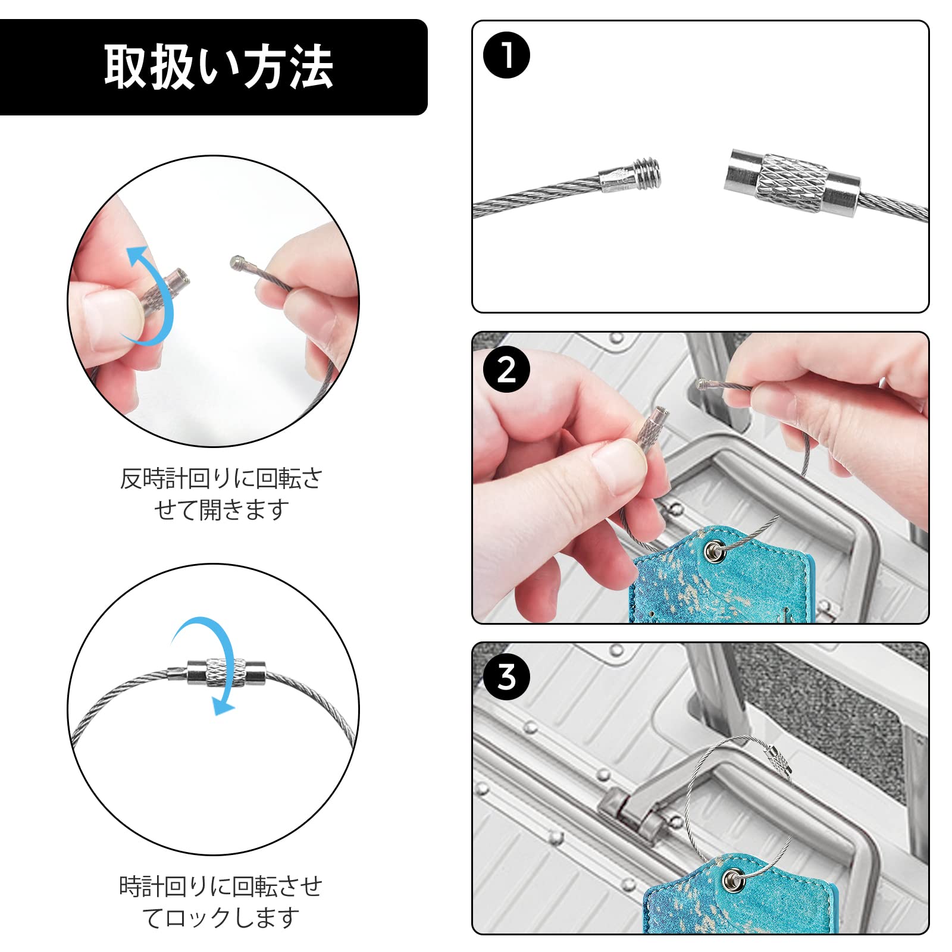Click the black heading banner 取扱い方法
pyautogui.click(x=213, y=67)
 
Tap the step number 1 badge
pyautogui.click(x=506, y=55)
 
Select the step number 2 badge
pyautogui.click(x=506, y=370)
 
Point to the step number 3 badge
pyautogui.click(x=506, y=677)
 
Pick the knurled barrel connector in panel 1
pyautogui.click(x=791, y=182)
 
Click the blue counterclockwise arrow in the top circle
pyautogui.click(x=150, y=295)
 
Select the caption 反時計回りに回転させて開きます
pyautogui.click(x=221, y=494)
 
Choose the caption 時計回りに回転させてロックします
pyautogui.click(x=221, y=902)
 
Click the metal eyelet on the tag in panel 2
pyautogui.click(x=713, y=552)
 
